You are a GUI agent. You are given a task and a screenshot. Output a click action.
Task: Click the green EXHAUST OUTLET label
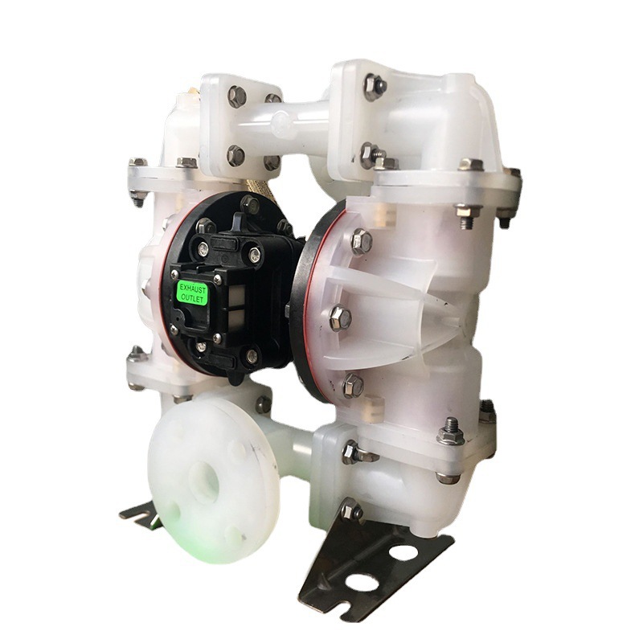point(192,292)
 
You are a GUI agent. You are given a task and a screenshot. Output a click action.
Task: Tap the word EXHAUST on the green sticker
point(193,286)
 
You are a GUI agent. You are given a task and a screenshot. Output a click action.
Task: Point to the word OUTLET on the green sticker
point(192,297)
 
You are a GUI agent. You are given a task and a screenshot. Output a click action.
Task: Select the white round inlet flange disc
point(208,476)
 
